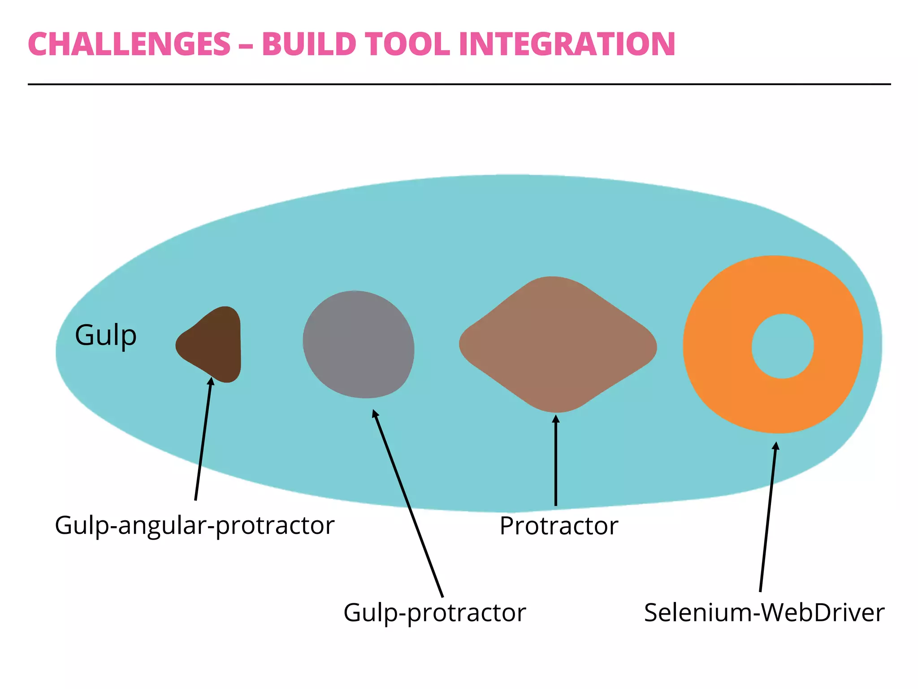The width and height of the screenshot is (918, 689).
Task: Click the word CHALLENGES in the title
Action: click(x=129, y=44)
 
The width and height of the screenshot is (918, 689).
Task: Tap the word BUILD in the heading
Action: click(x=309, y=44)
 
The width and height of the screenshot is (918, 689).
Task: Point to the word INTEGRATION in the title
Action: click(x=567, y=44)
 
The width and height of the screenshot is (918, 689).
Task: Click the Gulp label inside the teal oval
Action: click(x=106, y=336)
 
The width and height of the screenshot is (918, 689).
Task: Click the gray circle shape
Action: click(x=358, y=344)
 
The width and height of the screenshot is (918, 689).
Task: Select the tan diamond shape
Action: click(x=558, y=344)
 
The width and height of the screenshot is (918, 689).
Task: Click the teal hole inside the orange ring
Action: click(x=783, y=346)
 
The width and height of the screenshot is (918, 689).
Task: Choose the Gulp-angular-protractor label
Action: click(x=195, y=525)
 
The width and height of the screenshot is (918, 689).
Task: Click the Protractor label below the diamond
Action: click(x=559, y=526)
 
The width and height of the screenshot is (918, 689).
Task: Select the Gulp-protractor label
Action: click(x=434, y=613)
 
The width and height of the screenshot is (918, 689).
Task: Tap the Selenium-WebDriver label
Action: click(x=764, y=613)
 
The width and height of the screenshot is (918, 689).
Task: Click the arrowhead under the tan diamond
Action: click(x=556, y=419)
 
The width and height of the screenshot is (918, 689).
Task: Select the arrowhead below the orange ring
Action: click(x=776, y=446)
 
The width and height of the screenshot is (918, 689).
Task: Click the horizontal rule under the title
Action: click(x=459, y=84)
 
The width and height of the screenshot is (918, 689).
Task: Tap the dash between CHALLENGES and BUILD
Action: click(x=246, y=45)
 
